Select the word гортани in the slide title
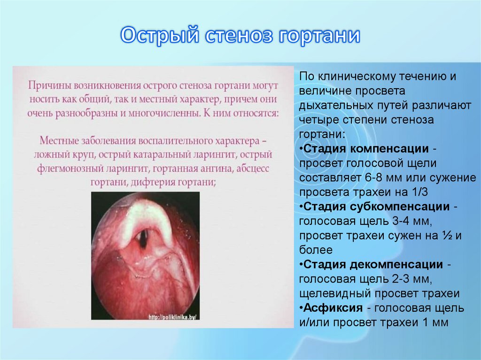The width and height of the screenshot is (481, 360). [x=319, y=37]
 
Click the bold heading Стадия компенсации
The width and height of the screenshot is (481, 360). [x=366, y=149]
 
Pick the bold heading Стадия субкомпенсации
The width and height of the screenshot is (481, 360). [x=375, y=207]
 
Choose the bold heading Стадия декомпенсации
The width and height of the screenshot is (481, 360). [x=373, y=265]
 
